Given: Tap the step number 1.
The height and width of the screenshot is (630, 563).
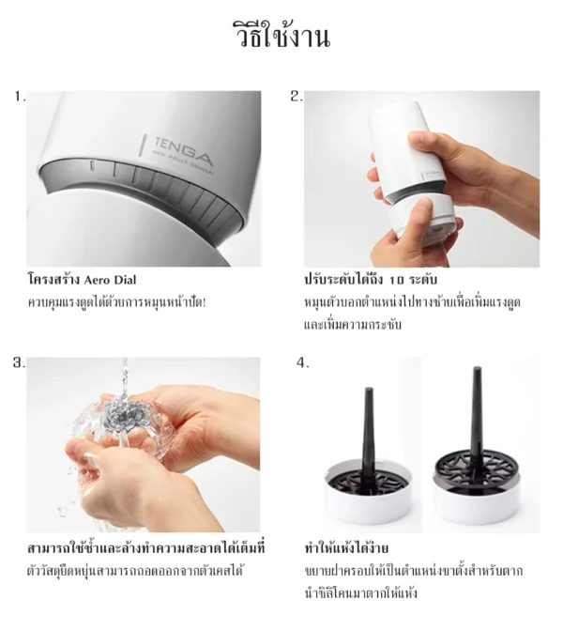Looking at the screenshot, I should pyautogui.click(x=20, y=97).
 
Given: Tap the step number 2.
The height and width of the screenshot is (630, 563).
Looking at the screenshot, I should pyautogui.click(x=296, y=97).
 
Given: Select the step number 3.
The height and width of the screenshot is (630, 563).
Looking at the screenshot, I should pyautogui.click(x=20, y=363).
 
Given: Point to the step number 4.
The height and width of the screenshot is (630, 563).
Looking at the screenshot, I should pyautogui.click(x=302, y=363).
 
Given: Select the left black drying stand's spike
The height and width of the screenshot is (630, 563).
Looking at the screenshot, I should pyautogui.click(x=360, y=413).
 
